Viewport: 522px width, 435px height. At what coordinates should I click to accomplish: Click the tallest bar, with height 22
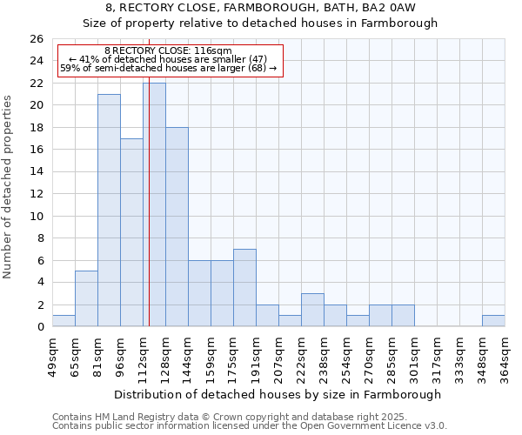pyautogui.click(x=154, y=204)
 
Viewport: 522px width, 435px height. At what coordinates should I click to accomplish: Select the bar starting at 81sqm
pyautogui.click(x=109, y=210)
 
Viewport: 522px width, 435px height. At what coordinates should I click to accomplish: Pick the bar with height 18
pyautogui.click(x=177, y=226)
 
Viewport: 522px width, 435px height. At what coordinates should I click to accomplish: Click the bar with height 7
pyautogui.click(x=244, y=288)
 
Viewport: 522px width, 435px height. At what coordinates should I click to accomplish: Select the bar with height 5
pyautogui.click(x=86, y=298)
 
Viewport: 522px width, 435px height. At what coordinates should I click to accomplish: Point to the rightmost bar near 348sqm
pyautogui.click(x=493, y=321)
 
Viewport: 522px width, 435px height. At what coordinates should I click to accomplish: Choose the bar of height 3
pyautogui.click(x=312, y=310)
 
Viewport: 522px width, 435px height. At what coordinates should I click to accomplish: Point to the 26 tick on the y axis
pyautogui.click(x=37, y=39)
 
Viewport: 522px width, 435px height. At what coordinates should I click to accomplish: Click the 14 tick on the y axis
pyautogui.click(x=37, y=171)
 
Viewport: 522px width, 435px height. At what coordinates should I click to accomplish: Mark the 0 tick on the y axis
pyautogui.click(x=40, y=327)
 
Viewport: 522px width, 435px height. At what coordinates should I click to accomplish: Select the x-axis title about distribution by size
pyautogui.click(x=278, y=394)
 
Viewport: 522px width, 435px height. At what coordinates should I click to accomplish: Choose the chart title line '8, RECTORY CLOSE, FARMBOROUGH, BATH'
pyautogui.click(x=261, y=8)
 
